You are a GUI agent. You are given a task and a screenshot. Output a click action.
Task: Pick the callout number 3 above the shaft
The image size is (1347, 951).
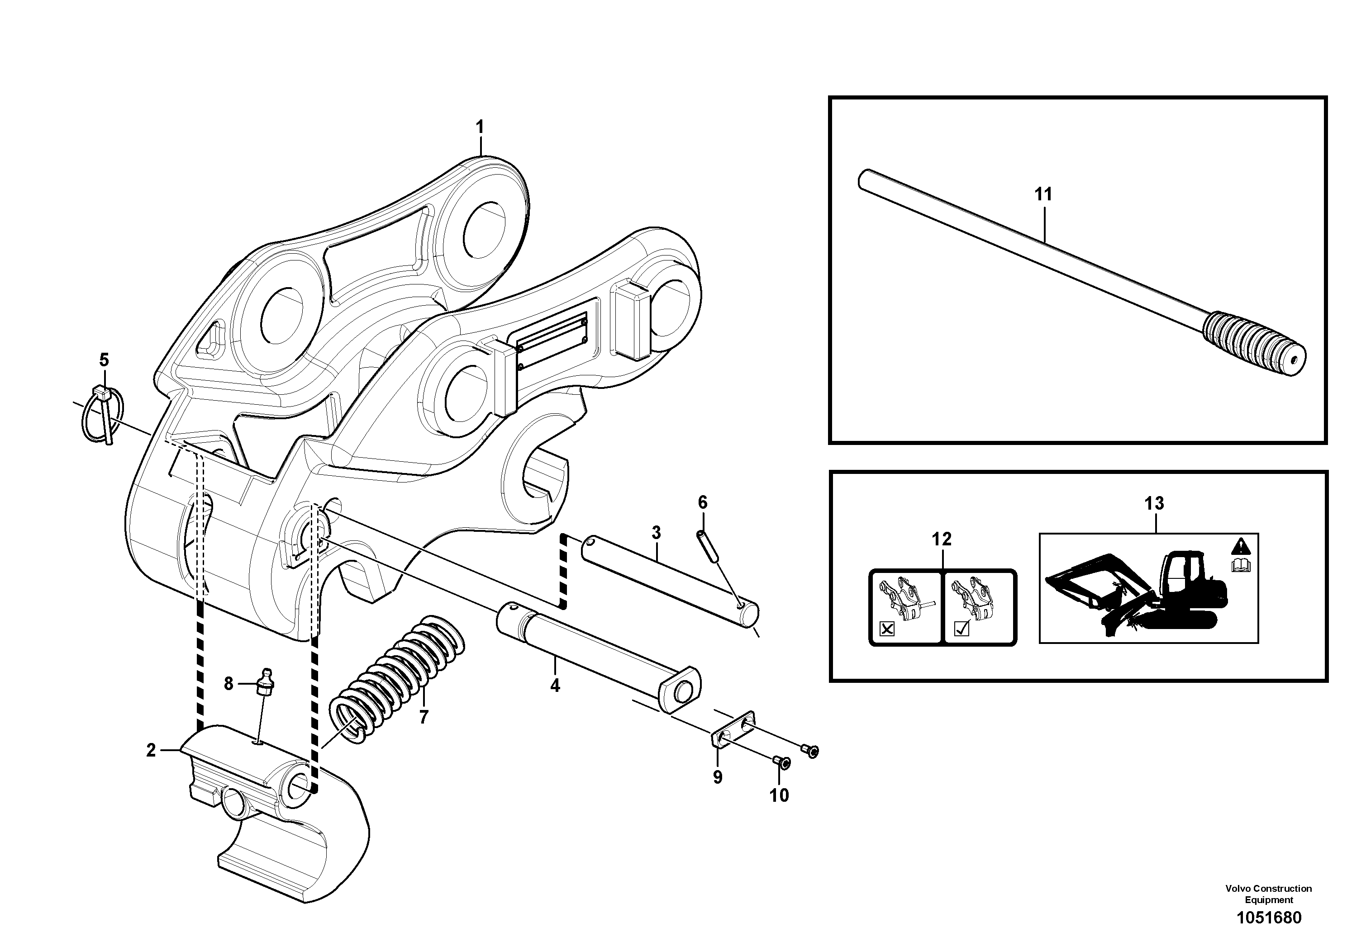click(x=656, y=533)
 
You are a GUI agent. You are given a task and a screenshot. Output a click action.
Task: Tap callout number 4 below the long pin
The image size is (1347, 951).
click(x=555, y=684)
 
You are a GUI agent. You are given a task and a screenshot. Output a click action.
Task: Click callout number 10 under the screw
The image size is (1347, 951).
click(x=779, y=795)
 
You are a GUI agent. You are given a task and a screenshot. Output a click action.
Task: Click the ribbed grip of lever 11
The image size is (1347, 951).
click(x=1232, y=340)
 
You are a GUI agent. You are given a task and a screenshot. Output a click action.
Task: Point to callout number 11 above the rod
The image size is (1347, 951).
click(x=1043, y=194)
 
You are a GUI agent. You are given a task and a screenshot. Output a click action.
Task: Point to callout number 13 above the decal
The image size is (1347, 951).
click(x=1153, y=503)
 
